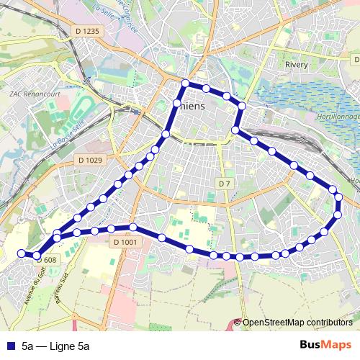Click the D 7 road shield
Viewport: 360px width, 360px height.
pyautogui.click(x=224, y=184)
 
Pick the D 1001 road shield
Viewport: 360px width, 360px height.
pyautogui.click(x=124, y=243)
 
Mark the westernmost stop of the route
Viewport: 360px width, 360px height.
pyautogui.click(x=22, y=253)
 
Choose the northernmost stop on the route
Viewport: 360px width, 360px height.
pyautogui.click(x=185, y=83)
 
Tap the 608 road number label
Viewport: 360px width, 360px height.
pyautogui.click(x=50, y=260)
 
